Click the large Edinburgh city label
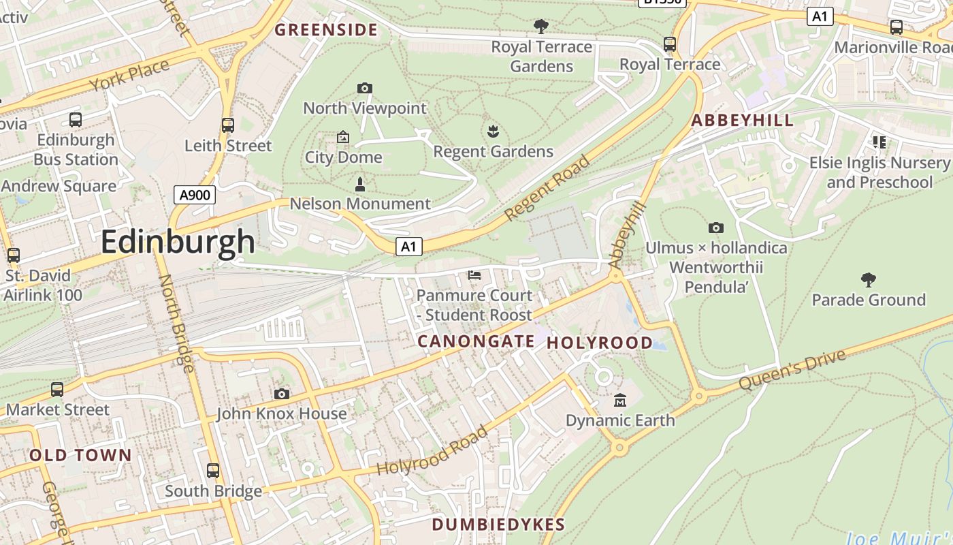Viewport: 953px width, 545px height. tap(178, 242)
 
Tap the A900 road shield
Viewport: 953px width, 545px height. tap(194, 195)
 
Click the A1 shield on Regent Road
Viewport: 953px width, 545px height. tap(409, 246)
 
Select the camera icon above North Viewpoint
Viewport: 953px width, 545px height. tap(365, 88)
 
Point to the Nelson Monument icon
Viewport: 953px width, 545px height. tap(360, 184)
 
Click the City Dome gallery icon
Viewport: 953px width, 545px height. tap(343, 137)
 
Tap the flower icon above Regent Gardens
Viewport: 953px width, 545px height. tap(493, 131)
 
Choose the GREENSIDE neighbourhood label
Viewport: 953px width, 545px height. tap(325, 29)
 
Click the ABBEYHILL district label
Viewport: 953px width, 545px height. tap(742, 121)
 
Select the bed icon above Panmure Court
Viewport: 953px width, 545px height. tap(474, 275)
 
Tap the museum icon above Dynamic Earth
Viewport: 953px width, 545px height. tap(619, 400)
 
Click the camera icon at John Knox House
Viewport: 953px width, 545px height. tap(281, 394)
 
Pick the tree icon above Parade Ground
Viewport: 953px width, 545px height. tap(868, 279)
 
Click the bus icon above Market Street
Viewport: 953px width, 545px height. tap(57, 390)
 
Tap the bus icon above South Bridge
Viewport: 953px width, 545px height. tap(213, 471)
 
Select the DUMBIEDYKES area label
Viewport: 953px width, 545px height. tap(498, 524)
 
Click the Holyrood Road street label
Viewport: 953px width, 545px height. tap(432, 451)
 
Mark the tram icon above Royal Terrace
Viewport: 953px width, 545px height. tap(670, 44)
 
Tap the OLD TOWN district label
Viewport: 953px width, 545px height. tap(80, 455)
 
